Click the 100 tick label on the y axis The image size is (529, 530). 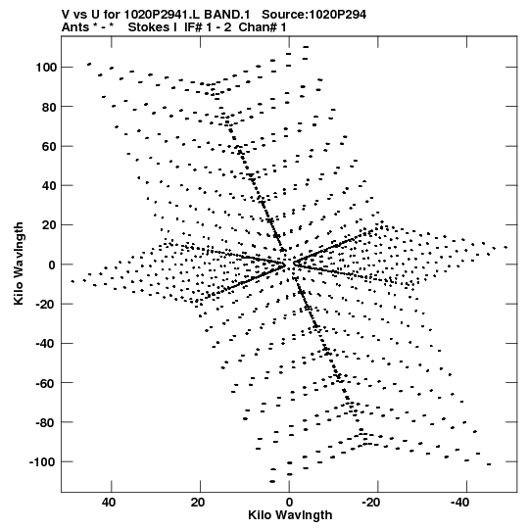coord(46,68)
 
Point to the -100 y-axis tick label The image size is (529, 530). coord(43,461)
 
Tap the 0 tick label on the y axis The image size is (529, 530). coord(52,265)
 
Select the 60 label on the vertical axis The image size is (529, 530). coord(49,146)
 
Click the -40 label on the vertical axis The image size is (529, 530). coord(46,344)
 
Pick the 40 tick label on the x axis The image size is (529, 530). coord(109,503)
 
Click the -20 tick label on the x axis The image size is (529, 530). coord(370,503)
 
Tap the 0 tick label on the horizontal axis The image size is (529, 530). coord(289,503)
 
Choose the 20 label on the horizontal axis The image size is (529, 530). coord(198,503)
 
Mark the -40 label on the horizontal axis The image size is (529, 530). coord(459,503)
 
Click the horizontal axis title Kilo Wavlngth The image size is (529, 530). coord(290,515)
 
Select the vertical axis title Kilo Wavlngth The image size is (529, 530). coord(19,264)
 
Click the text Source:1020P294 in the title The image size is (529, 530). coord(314,15)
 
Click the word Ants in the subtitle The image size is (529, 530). coord(75,27)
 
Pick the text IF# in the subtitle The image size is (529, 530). coord(193,27)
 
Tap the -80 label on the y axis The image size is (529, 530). coord(46,422)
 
